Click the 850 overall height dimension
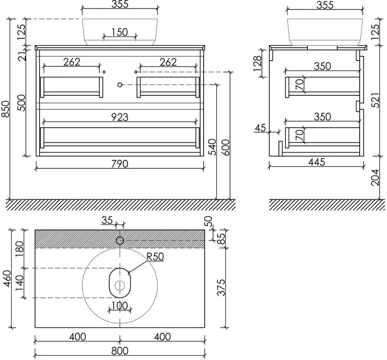click(x=6, y=109)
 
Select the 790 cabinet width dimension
click(x=120, y=164)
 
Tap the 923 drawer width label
click(x=120, y=117)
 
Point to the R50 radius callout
click(x=155, y=256)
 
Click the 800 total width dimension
click(x=120, y=351)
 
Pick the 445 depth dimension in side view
click(x=317, y=162)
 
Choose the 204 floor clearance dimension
click(x=375, y=177)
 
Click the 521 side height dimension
click(x=375, y=100)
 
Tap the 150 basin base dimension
click(x=120, y=32)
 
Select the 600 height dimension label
click(x=226, y=148)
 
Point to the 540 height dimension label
click(x=212, y=147)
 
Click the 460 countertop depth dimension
click(x=7, y=279)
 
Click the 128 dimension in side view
click(x=257, y=63)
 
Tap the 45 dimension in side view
click(x=260, y=128)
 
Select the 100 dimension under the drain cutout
click(x=120, y=306)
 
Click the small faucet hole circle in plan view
click(x=120, y=240)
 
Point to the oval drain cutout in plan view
click(x=120, y=268)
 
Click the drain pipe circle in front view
click(x=120, y=85)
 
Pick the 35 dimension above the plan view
click(x=107, y=220)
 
